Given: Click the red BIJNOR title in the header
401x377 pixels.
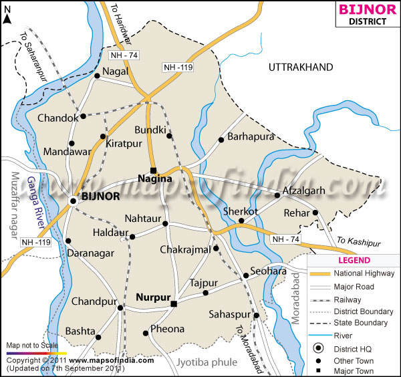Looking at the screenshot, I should click(362, 9).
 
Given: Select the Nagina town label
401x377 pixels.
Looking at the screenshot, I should click(154, 179).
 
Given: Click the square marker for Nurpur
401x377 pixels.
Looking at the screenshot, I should click(173, 304).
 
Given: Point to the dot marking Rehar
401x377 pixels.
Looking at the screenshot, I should click(315, 213).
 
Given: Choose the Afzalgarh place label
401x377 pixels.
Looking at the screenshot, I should click(304, 191).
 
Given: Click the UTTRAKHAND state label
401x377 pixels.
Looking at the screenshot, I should click(300, 68).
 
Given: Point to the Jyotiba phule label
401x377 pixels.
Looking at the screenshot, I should click(208, 362).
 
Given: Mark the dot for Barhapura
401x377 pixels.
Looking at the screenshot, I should click(221, 140).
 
